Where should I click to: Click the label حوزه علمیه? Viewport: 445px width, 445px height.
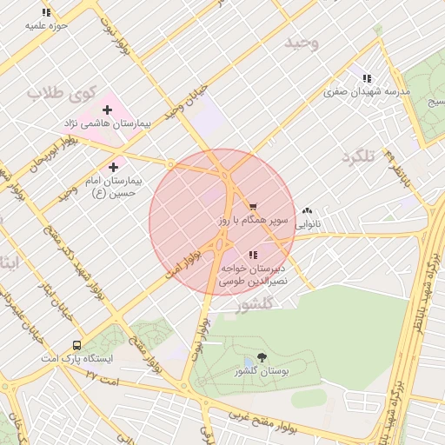pyautogui.click(x=47, y=26)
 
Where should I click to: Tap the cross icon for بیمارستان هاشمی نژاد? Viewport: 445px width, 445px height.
pyautogui.click(x=107, y=110)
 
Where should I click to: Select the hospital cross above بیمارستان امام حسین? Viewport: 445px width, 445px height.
pyautogui.click(x=114, y=166)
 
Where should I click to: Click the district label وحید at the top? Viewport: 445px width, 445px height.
pyautogui.click(x=302, y=42)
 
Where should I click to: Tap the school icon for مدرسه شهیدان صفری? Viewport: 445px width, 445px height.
pyautogui.click(x=367, y=77)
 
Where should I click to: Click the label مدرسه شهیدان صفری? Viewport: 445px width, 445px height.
pyautogui.click(x=366, y=91)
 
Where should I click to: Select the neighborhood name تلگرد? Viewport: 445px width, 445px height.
pyautogui.click(x=358, y=156)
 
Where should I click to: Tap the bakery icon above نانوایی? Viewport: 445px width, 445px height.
pyautogui.click(x=307, y=210)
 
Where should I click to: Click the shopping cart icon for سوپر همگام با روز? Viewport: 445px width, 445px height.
pyautogui.click(x=253, y=207)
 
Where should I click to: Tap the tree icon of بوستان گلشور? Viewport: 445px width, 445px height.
pyautogui.click(x=262, y=356)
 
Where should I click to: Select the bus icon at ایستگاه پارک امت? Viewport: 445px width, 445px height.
pyautogui.click(x=78, y=344)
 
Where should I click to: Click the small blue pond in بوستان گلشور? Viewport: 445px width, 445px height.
pyautogui.click(x=249, y=361)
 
